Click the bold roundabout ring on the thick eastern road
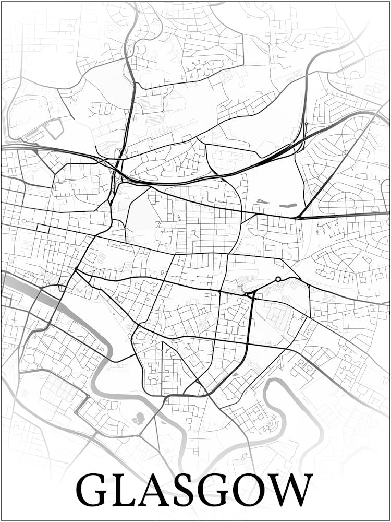278,279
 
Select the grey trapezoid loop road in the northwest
54,128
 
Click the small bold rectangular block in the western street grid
42,229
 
